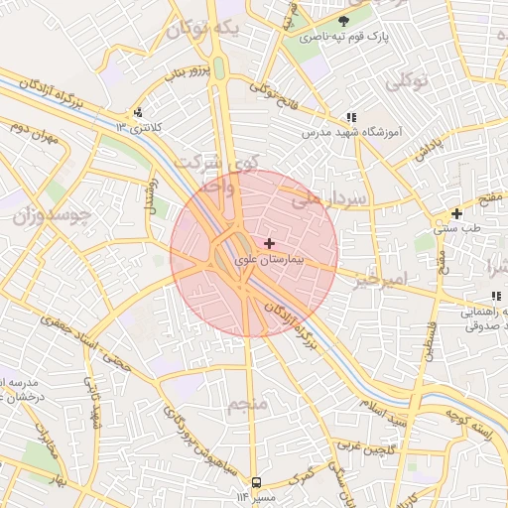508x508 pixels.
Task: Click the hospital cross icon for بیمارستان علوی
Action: [x=269, y=243]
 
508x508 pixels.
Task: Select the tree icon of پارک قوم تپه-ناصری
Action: [x=343, y=21]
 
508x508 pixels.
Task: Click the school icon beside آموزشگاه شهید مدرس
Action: [x=351, y=116]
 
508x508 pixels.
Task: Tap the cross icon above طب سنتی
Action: [x=456, y=213]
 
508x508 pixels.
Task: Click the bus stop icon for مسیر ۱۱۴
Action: [x=256, y=481]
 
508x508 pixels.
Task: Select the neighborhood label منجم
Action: [x=247, y=405]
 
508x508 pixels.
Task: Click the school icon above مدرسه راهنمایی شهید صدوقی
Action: [x=495, y=296]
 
